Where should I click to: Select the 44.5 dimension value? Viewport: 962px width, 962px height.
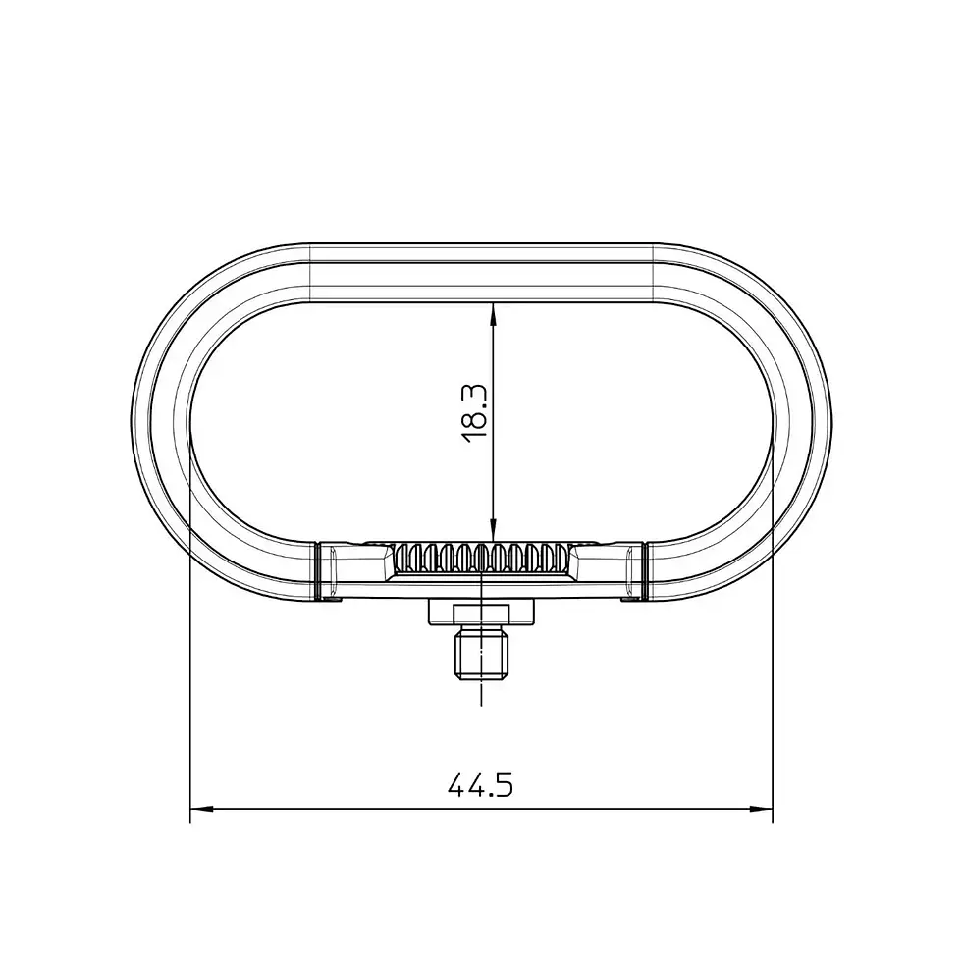(x=481, y=785)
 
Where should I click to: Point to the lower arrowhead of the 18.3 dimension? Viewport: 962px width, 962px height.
(x=493, y=530)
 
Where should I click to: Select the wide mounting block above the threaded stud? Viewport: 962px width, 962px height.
(x=482, y=613)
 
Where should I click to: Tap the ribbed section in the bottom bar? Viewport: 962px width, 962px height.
(x=482, y=560)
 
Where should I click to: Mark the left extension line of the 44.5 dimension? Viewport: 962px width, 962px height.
(x=189, y=687)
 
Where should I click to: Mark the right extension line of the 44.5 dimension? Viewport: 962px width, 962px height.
(x=774, y=687)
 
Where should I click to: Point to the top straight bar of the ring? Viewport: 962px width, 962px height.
(x=481, y=272)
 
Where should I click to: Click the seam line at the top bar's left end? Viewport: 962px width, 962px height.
(x=310, y=272)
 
